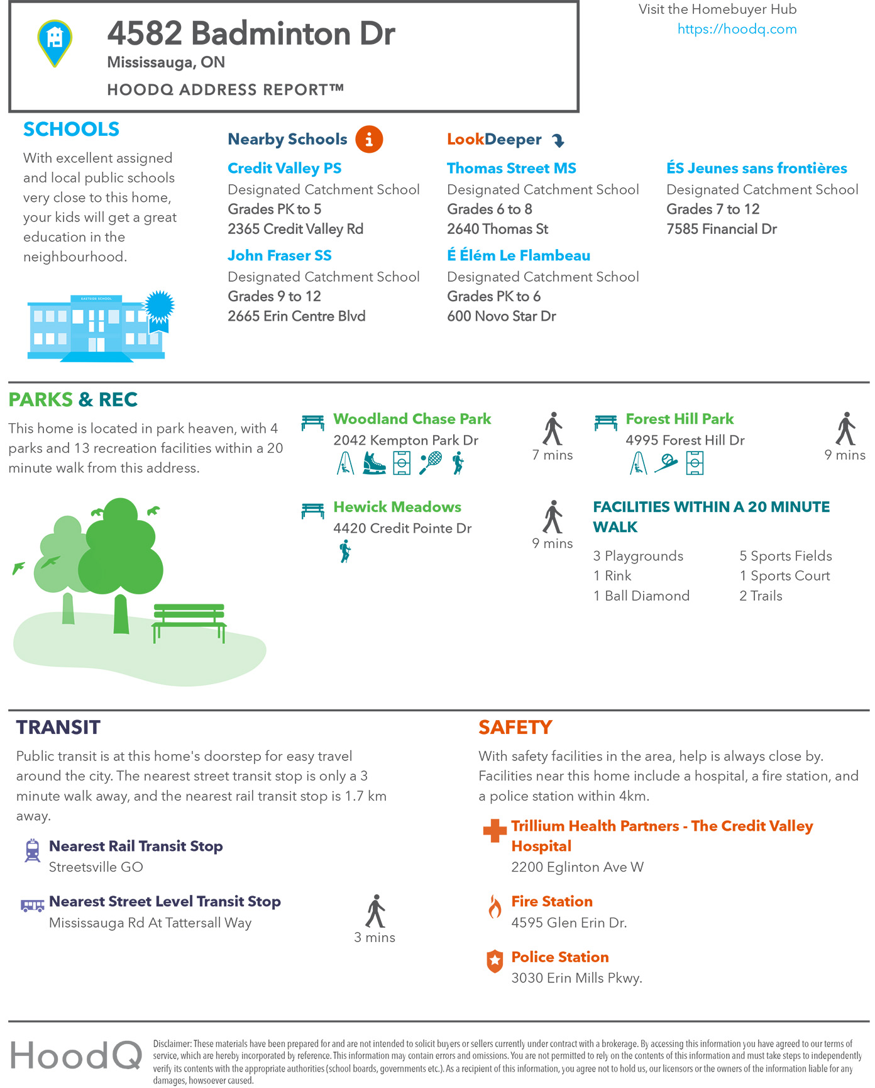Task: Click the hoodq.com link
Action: point(737,29)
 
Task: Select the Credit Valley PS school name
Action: point(285,168)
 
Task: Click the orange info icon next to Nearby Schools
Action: point(369,139)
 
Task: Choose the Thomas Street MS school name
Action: point(511,168)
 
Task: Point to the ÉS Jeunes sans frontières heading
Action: point(756,168)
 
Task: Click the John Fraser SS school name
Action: point(280,255)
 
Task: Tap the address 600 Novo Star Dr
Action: point(501,316)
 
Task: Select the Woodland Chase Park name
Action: point(412,419)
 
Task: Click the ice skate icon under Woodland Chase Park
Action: point(374,464)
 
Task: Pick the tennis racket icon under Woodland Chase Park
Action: point(431,464)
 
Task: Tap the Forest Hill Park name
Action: point(680,419)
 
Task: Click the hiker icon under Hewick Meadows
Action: point(345,552)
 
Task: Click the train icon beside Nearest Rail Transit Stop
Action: point(32,850)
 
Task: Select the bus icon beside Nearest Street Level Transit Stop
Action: point(32,906)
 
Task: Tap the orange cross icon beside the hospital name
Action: point(495,830)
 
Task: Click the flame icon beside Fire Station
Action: point(495,906)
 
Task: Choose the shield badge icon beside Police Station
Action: point(495,961)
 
